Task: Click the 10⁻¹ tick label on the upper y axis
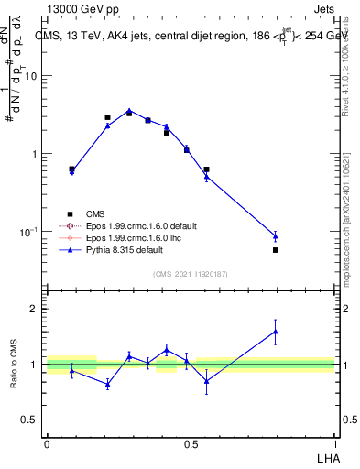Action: [28, 232]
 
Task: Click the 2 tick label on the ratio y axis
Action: [34, 309]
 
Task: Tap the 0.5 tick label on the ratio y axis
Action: [30, 420]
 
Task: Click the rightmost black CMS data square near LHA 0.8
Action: [276, 249]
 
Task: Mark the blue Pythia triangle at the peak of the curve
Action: [129, 111]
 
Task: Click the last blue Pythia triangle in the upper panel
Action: [276, 236]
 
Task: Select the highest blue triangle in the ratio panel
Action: [276, 332]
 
